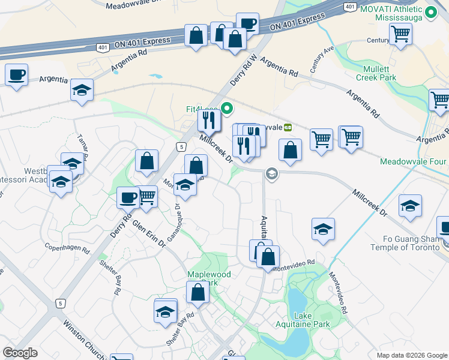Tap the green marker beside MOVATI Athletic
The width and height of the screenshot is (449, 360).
430,12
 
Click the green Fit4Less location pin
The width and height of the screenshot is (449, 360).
227,109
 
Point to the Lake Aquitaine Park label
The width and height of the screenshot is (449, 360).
312,320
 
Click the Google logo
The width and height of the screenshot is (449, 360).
20,353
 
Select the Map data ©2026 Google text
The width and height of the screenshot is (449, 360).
411,355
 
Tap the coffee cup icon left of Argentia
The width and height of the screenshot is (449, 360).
17,75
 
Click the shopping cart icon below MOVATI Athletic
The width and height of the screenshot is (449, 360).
400,33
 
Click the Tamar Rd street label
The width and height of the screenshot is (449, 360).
82,146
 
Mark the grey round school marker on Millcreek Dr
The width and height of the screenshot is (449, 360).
271,173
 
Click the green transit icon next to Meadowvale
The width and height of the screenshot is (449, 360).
288,127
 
